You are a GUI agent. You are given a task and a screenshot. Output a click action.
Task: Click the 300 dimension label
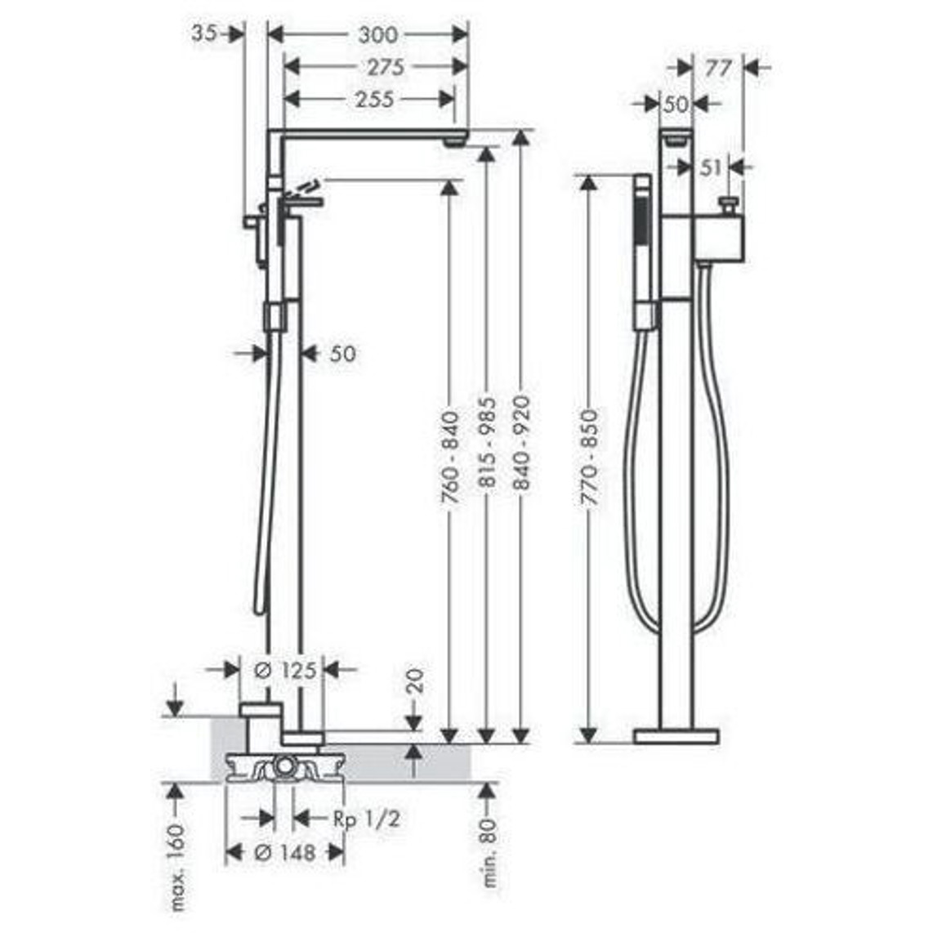(x=377, y=34)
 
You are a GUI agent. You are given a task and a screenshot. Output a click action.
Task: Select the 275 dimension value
(x=386, y=67)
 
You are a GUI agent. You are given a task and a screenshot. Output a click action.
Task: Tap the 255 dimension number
(x=374, y=100)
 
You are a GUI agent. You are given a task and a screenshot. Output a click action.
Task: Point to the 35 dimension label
(x=204, y=33)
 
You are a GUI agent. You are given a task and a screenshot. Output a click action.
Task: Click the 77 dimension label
(x=717, y=69)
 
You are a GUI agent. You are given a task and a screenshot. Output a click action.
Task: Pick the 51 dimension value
(x=711, y=168)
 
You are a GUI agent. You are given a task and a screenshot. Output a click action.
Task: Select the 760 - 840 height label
(x=450, y=457)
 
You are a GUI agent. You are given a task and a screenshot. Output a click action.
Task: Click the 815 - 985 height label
(x=487, y=442)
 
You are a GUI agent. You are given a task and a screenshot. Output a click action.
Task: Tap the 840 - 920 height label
(x=521, y=442)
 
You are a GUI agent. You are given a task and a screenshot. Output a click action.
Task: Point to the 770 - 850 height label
(x=589, y=457)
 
